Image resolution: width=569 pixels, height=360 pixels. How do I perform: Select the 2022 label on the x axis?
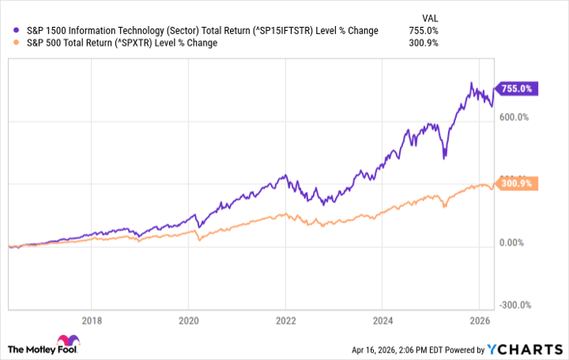(286, 319)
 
